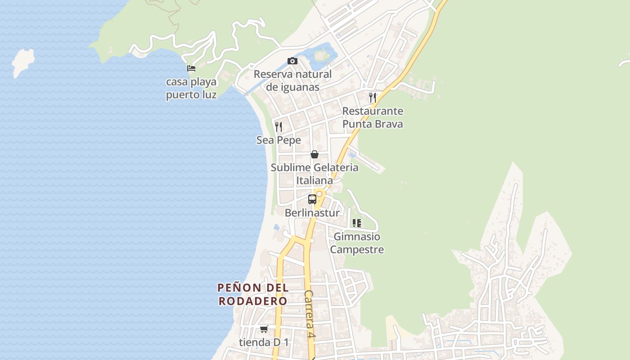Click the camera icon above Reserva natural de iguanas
click(292, 61)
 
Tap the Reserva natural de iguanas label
click(292, 81)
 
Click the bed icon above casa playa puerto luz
click(191, 68)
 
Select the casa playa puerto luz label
click(191, 89)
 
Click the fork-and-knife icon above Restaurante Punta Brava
click(373, 97)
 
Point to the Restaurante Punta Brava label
click(373, 117)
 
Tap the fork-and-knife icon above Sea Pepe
click(279, 126)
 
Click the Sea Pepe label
click(279, 140)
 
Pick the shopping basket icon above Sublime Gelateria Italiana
click(315, 154)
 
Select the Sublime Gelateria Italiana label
click(315, 174)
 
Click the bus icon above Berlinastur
click(312, 199)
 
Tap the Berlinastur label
click(312, 213)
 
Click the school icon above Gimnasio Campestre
click(357, 223)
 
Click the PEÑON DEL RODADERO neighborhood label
click(253, 294)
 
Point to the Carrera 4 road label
click(309, 314)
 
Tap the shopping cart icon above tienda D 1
click(264, 329)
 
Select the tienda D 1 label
click(264, 342)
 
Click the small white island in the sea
click(23, 62)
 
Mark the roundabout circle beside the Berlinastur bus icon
click(319, 194)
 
